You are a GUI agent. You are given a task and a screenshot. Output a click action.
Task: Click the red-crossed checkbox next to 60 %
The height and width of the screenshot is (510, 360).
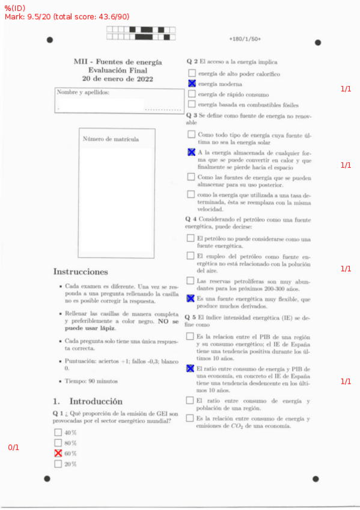(58, 453)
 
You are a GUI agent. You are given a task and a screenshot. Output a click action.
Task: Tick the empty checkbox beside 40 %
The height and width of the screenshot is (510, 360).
(58, 432)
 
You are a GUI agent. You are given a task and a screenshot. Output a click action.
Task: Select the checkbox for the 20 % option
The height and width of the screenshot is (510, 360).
(58, 464)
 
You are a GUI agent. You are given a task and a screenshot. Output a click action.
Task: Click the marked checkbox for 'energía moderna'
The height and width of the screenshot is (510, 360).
(192, 84)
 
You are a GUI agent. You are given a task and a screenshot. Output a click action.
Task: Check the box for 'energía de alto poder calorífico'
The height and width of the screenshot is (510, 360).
(192, 73)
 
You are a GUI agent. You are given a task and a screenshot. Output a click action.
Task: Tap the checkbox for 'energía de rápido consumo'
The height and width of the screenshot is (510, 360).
(192, 94)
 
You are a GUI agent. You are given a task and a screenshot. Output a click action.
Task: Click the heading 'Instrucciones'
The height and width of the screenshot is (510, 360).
(80, 272)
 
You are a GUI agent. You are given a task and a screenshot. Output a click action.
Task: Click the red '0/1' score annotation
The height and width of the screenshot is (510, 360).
(13, 447)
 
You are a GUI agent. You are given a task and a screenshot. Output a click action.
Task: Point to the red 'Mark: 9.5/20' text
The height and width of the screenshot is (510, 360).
(27, 16)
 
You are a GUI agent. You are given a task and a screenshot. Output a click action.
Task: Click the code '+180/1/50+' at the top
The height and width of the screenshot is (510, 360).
(245, 39)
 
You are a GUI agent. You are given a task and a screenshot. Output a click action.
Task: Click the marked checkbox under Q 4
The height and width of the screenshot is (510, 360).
(191, 298)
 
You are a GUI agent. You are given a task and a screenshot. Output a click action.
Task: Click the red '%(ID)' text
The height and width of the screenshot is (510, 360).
(14, 8)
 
